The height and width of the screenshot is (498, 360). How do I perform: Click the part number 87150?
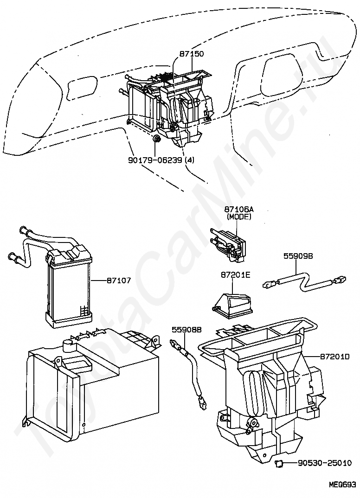click(x=192, y=54)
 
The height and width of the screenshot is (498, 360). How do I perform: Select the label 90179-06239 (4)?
click(x=161, y=160)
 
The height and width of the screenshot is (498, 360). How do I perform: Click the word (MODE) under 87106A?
click(x=238, y=217)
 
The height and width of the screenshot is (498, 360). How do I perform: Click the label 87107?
click(x=118, y=281)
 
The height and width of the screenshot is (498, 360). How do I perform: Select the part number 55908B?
click(x=186, y=330)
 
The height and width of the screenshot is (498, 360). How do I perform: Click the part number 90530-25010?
click(x=324, y=463)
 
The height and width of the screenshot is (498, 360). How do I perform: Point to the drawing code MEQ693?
click(x=342, y=485)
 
